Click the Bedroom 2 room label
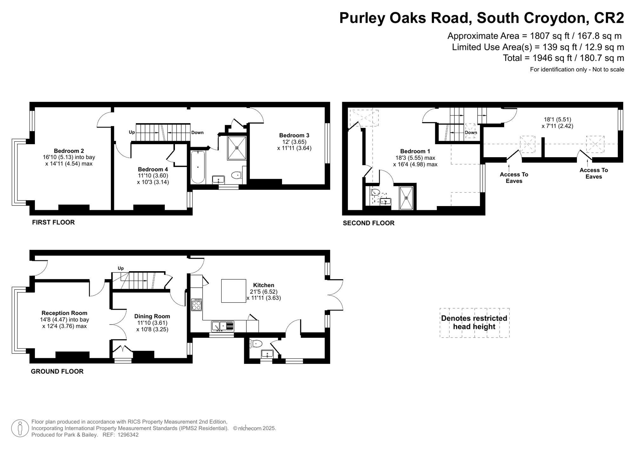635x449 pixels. [69, 151]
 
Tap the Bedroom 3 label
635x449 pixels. [294, 135]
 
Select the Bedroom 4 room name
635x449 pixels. [153, 169]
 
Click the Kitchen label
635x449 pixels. [264, 285]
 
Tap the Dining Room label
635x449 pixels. [152, 316]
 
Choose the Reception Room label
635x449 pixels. [64, 313]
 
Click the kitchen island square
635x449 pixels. [234, 291]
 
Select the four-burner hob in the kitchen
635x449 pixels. [197, 305]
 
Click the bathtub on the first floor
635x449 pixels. [198, 167]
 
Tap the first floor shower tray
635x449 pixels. [237, 148]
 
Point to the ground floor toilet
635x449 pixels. [256, 344]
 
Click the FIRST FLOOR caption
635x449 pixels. [53, 222]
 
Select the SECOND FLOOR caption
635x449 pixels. [368, 223]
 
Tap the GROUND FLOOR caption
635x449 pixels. [57, 371]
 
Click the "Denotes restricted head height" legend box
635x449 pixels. [474, 323]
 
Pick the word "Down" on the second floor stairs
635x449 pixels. [471, 132]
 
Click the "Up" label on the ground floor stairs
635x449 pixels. [121, 268]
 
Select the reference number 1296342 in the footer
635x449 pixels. [128, 435]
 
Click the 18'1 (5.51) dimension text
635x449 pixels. [557, 119]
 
